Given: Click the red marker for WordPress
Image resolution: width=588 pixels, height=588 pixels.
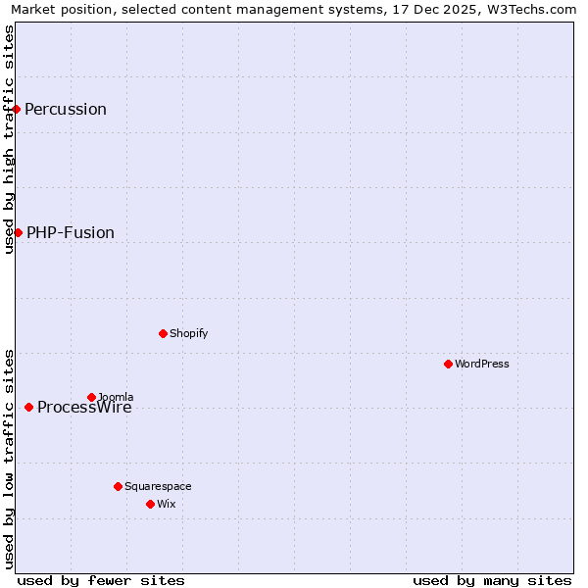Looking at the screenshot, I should (448, 364).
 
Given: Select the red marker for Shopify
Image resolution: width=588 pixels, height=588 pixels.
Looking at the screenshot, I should (163, 333).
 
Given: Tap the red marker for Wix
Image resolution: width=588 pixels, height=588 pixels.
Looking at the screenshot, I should (150, 504).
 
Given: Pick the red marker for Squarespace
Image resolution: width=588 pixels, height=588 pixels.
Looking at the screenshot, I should (118, 486).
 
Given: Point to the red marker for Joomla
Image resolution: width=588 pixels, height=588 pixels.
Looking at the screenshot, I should (91, 397).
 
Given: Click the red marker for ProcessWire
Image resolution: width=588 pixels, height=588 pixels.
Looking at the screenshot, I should (28, 407).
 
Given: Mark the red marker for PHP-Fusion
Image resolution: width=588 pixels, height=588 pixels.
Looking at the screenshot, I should (18, 232).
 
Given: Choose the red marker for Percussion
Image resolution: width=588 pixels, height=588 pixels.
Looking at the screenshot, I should (17, 109).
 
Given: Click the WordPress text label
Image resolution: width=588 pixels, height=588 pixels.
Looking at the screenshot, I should (482, 364).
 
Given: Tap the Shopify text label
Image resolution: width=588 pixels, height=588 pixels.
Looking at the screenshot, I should (189, 333).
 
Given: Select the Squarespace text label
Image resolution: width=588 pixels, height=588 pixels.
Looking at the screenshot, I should (158, 486).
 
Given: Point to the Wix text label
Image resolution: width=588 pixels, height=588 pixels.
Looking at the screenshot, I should (167, 504).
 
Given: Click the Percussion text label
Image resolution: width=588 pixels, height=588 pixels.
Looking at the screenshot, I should (66, 109).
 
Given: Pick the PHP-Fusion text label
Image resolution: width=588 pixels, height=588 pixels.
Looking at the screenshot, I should (71, 232).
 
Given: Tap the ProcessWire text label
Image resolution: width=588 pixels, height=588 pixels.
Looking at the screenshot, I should (84, 408).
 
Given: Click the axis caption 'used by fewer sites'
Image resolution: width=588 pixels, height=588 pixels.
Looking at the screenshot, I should (101, 580).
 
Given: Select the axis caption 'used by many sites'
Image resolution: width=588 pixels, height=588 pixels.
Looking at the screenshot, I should (492, 580).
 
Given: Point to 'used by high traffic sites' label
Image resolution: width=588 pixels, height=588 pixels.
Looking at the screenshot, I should (9, 139).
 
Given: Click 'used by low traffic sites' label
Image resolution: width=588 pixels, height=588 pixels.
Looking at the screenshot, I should (9, 459).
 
